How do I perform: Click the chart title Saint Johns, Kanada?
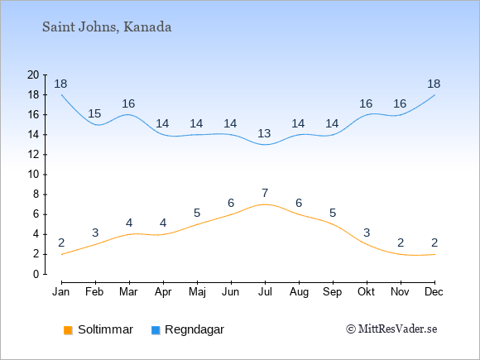[x=107, y=27]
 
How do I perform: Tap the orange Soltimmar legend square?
[x=68, y=330]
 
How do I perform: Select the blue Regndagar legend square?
[x=156, y=330]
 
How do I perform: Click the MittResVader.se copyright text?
[x=391, y=329]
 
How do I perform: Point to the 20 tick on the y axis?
[x=33, y=74]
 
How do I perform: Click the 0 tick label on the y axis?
[x=36, y=274]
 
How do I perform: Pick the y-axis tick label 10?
[x=33, y=175]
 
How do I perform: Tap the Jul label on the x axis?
[x=265, y=292]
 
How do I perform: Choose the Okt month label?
[x=366, y=292]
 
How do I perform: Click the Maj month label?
[x=197, y=292]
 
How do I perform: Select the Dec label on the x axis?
[x=434, y=292]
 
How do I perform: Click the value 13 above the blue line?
[x=264, y=133]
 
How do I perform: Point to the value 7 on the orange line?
[x=265, y=193]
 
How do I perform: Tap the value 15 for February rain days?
[x=94, y=113]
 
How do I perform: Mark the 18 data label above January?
[x=60, y=84]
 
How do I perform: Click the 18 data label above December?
[x=434, y=84]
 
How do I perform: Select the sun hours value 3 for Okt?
[x=367, y=233]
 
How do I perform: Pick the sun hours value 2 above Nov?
[x=401, y=243]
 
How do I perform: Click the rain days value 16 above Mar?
[x=128, y=103]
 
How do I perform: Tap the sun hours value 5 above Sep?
[x=333, y=213]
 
